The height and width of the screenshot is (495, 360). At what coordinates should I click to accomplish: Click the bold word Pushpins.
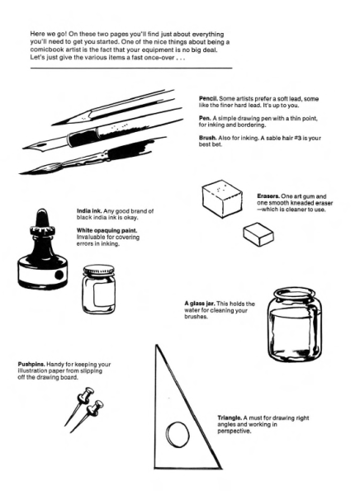point(32,363)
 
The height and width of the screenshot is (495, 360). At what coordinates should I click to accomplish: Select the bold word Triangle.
point(230,417)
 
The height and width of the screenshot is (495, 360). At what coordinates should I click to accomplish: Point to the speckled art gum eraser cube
point(220,196)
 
